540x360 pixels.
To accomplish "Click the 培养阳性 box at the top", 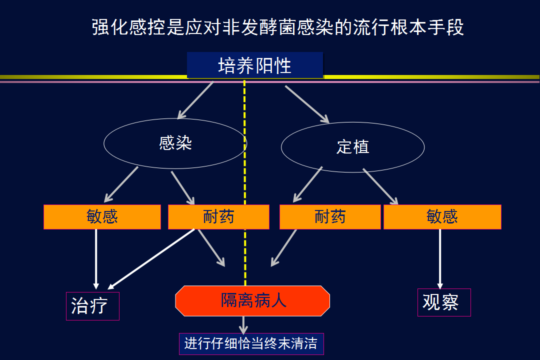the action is click(x=255, y=65).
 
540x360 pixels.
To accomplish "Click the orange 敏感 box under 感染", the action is click(x=102, y=216).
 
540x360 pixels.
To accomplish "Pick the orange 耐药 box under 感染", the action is click(x=218, y=216).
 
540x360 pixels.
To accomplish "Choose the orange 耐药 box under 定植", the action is click(x=330, y=216).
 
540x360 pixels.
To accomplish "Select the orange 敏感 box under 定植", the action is click(x=442, y=216).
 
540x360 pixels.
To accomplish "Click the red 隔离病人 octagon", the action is click(x=252, y=300).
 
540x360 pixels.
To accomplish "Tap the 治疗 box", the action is click(x=92, y=306).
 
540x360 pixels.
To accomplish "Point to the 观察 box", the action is click(x=444, y=302).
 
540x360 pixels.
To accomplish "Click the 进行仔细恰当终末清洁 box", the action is click(x=251, y=344).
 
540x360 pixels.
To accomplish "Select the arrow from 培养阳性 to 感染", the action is click(x=195, y=100).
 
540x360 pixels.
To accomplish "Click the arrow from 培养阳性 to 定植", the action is click(x=307, y=104).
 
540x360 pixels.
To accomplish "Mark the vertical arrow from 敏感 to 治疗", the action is click(x=96, y=259).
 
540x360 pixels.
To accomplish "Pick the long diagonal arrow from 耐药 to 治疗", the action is click(x=151, y=259).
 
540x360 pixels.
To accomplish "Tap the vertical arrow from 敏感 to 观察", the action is click(x=440, y=259).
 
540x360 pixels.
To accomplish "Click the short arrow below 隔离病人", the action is click(x=243, y=325).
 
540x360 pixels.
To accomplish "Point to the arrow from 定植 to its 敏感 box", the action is click(x=380, y=186).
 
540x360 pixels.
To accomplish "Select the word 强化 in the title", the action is click(x=110, y=27).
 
